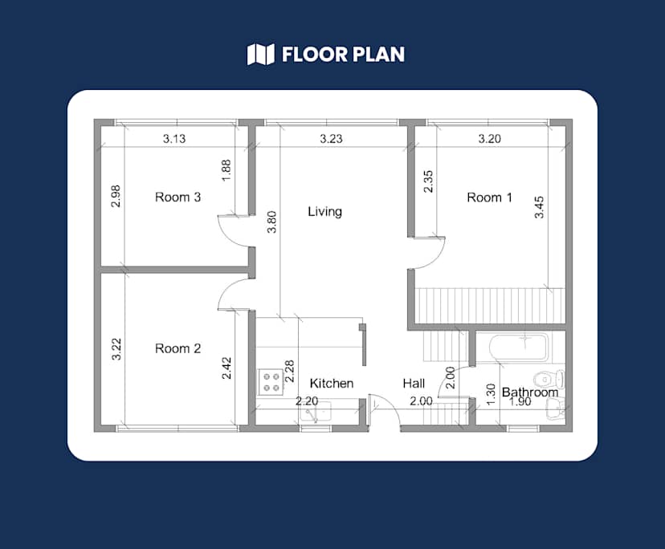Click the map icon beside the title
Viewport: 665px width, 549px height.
(260, 55)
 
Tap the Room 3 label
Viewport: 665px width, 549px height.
(177, 197)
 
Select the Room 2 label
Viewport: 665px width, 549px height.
(177, 348)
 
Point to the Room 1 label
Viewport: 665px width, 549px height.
(489, 197)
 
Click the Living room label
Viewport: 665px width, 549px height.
(324, 212)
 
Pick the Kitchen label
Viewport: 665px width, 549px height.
(331, 384)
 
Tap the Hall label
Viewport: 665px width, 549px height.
(414, 384)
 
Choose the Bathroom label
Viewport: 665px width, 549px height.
(529, 392)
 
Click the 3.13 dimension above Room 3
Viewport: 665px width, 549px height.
(174, 139)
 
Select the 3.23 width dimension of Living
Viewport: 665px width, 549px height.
(331, 139)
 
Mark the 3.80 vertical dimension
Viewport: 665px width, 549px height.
(271, 221)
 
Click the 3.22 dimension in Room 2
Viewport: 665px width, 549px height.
(116, 349)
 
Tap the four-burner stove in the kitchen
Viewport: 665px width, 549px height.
(271, 381)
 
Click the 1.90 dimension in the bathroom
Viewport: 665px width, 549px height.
(520, 402)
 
